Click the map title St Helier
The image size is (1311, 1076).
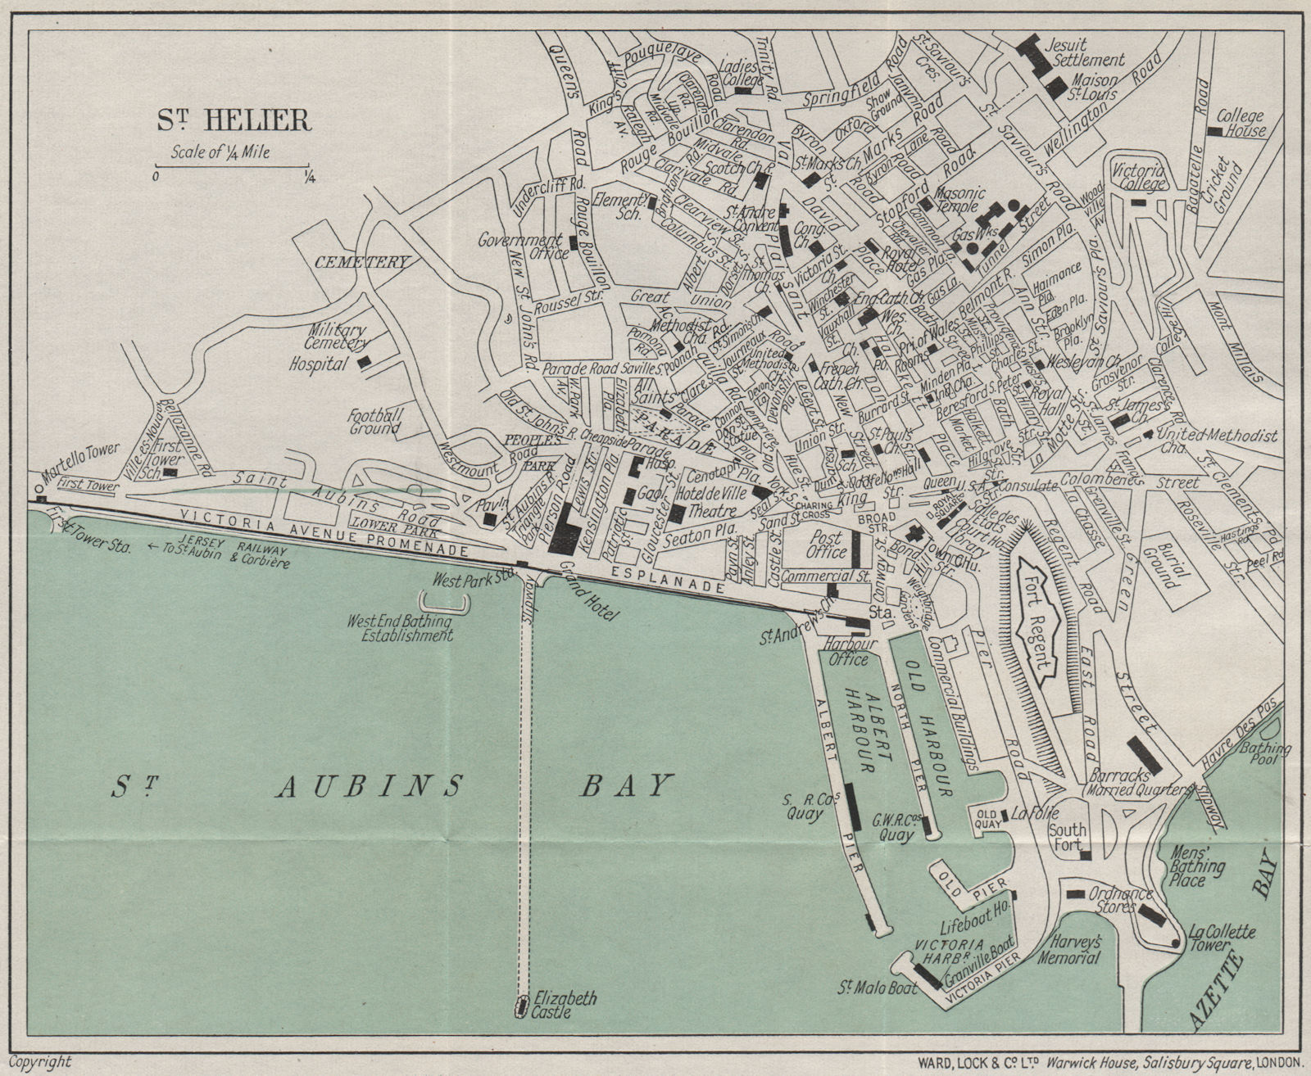pos(234,120)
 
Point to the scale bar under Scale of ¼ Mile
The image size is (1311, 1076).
pos(231,169)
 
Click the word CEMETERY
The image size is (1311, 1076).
pos(361,263)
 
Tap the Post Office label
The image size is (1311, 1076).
pos(826,545)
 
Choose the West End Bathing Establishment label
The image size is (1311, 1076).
pos(401,628)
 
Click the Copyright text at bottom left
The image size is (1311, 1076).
pos(43,1062)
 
